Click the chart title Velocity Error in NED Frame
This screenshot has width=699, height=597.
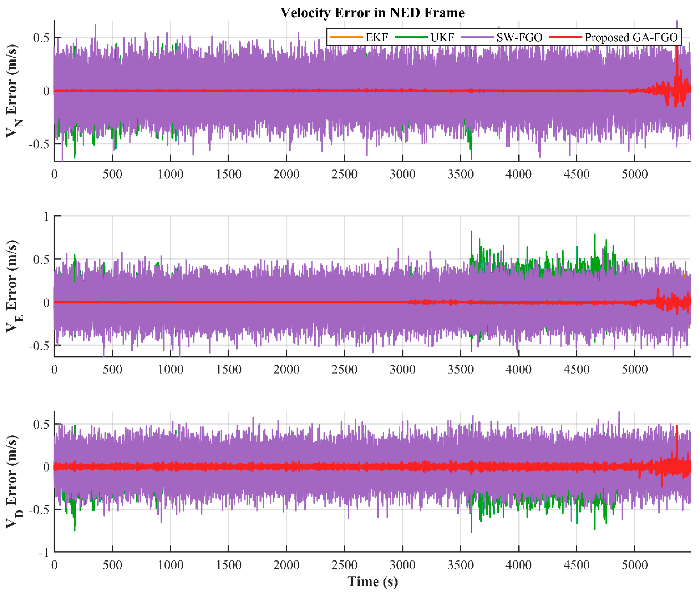pyautogui.click(x=373, y=13)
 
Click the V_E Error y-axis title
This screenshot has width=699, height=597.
pyautogui.click(x=13, y=286)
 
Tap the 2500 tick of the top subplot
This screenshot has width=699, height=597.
pyautogui.click(x=345, y=174)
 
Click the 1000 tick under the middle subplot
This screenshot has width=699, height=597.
pyautogui.click(x=170, y=369)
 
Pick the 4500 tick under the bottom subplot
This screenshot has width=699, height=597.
pyautogui.click(x=576, y=565)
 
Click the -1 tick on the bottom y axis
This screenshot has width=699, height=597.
pyautogui.click(x=44, y=553)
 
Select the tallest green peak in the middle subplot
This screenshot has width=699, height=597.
pyautogui.click(x=471, y=233)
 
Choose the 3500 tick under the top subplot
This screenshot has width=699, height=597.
pyautogui.click(x=460, y=174)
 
